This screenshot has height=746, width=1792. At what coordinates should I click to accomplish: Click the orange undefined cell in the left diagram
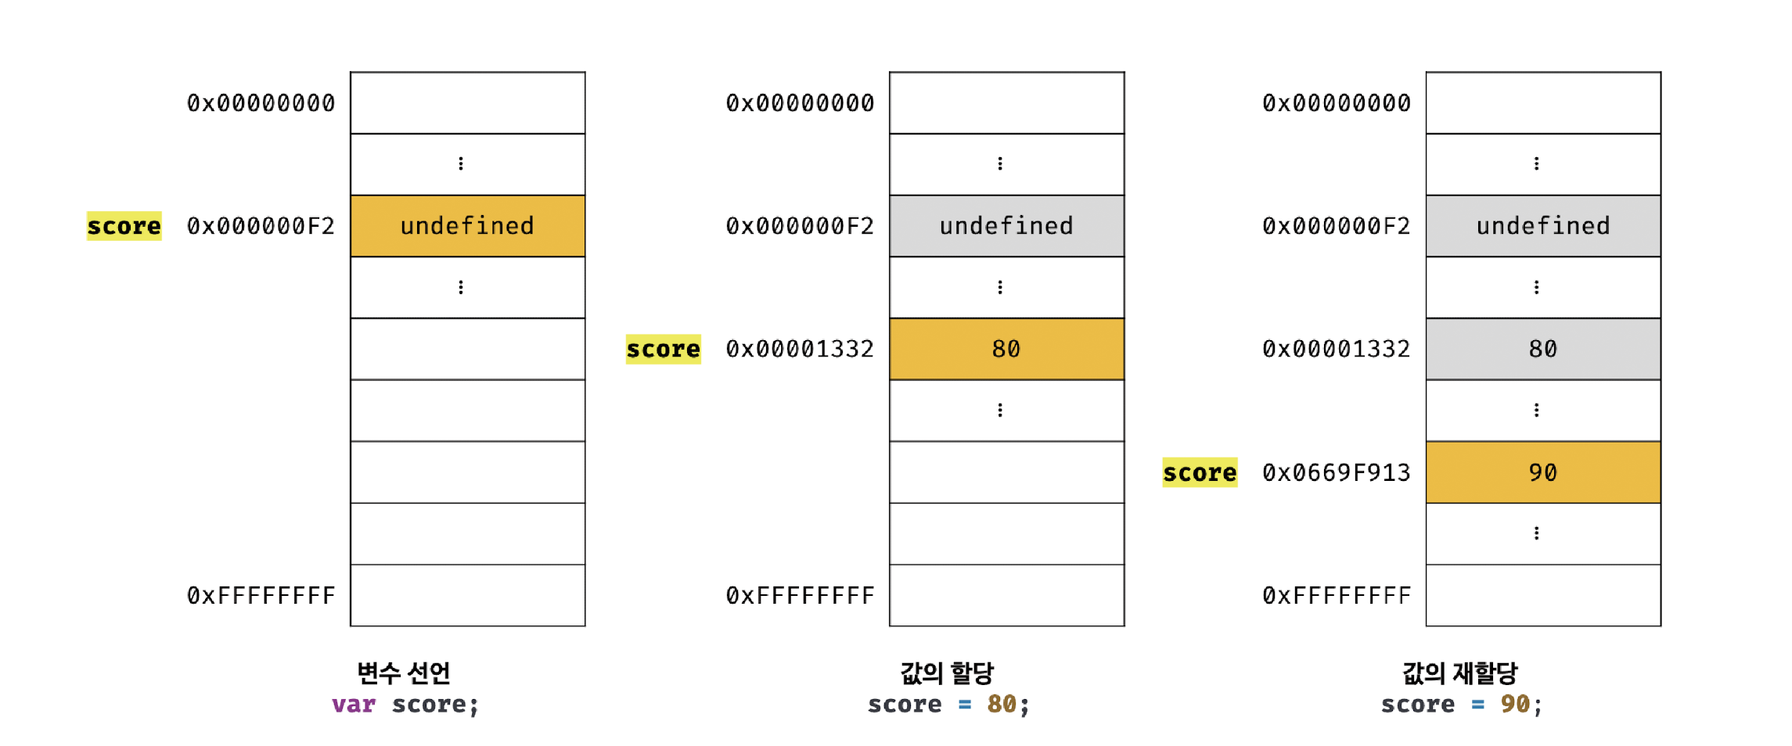(x=467, y=226)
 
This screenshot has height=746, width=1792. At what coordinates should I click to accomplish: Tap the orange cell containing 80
(x=1006, y=349)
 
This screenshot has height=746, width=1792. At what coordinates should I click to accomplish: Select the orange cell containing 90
(x=1542, y=472)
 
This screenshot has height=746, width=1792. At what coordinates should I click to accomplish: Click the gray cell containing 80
(x=1542, y=349)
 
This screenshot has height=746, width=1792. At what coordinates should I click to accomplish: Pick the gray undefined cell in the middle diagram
(x=1006, y=226)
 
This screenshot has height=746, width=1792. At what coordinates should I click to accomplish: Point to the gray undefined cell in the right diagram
(x=1542, y=226)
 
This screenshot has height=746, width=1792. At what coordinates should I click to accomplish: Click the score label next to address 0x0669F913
(x=1200, y=472)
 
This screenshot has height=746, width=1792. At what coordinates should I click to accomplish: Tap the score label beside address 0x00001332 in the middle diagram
(x=663, y=349)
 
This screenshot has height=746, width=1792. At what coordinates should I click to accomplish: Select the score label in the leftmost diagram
(x=124, y=226)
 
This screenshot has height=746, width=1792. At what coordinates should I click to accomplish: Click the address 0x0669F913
(x=1336, y=472)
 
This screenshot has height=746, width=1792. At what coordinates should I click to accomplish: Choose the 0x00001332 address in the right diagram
(x=1336, y=349)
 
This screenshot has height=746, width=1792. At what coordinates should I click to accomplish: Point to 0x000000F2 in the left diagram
(x=261, y=226)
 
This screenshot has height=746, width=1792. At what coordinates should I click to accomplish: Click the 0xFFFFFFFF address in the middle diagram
(x=800, y=596)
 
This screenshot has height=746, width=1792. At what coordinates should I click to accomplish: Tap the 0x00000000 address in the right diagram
(x=1336, y=102)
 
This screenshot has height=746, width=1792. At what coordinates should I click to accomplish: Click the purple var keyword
(x=353, y=704)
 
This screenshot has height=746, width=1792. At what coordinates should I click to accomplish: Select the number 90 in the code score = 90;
(x=1515, y=704)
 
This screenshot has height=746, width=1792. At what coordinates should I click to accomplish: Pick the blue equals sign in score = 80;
(x=965, y=704)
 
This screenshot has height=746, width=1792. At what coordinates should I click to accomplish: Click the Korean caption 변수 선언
(x=404, y=672)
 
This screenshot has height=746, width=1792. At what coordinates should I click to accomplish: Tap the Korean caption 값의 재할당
(x=1459, y=672)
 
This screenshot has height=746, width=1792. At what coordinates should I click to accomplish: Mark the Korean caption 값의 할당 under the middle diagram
(x=947, y=672)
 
